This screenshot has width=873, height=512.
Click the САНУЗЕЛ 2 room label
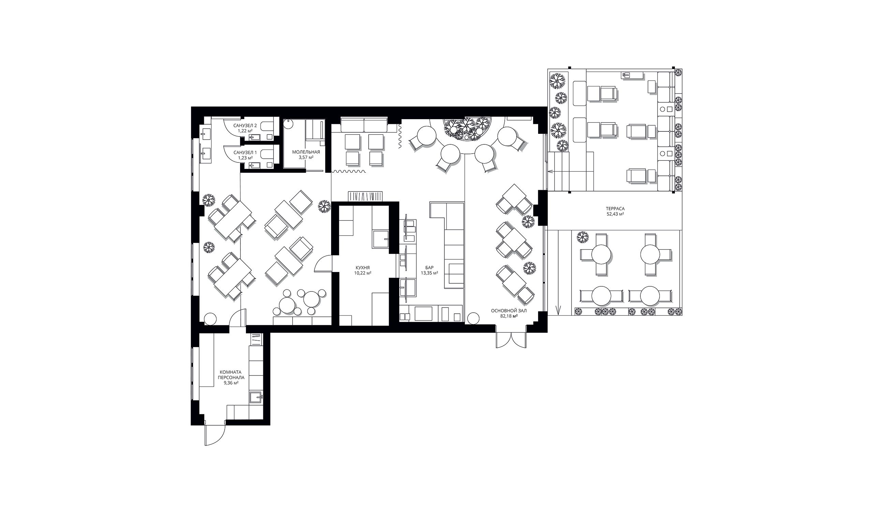click(245, 126)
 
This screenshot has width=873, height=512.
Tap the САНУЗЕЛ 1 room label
click(245, 152)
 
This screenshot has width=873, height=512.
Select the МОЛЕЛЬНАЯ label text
click(306, 152)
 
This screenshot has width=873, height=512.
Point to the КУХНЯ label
click(363, 268)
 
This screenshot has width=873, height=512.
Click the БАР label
click(429, 268)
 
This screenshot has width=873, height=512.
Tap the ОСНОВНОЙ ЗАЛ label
click(508, 311)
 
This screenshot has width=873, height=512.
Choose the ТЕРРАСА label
click(615, 209)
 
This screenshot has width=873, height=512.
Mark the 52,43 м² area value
click(615, 214)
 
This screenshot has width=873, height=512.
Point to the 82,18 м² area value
click(508, 316)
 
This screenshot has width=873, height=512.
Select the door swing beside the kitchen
click(323, 264)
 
